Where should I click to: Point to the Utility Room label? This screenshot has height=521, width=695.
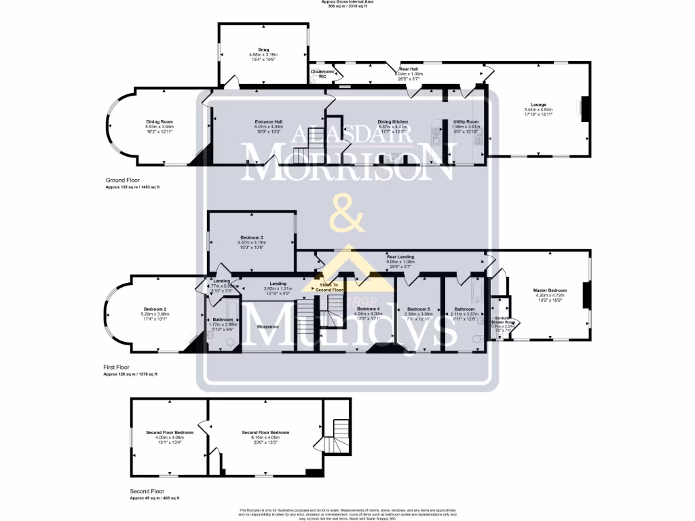(x=466, y=121)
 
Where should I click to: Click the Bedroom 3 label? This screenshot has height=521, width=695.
(x=251, y=237)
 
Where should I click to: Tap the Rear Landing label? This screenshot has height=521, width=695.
(x=400, y=257)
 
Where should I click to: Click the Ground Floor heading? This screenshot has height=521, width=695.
(x=123, y=180)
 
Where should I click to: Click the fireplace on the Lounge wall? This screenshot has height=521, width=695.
(x=584, y=107)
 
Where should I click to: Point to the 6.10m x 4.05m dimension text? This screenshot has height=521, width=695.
(x=265, y=438)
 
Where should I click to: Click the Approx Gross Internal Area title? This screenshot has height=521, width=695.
(x=347, y=2)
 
